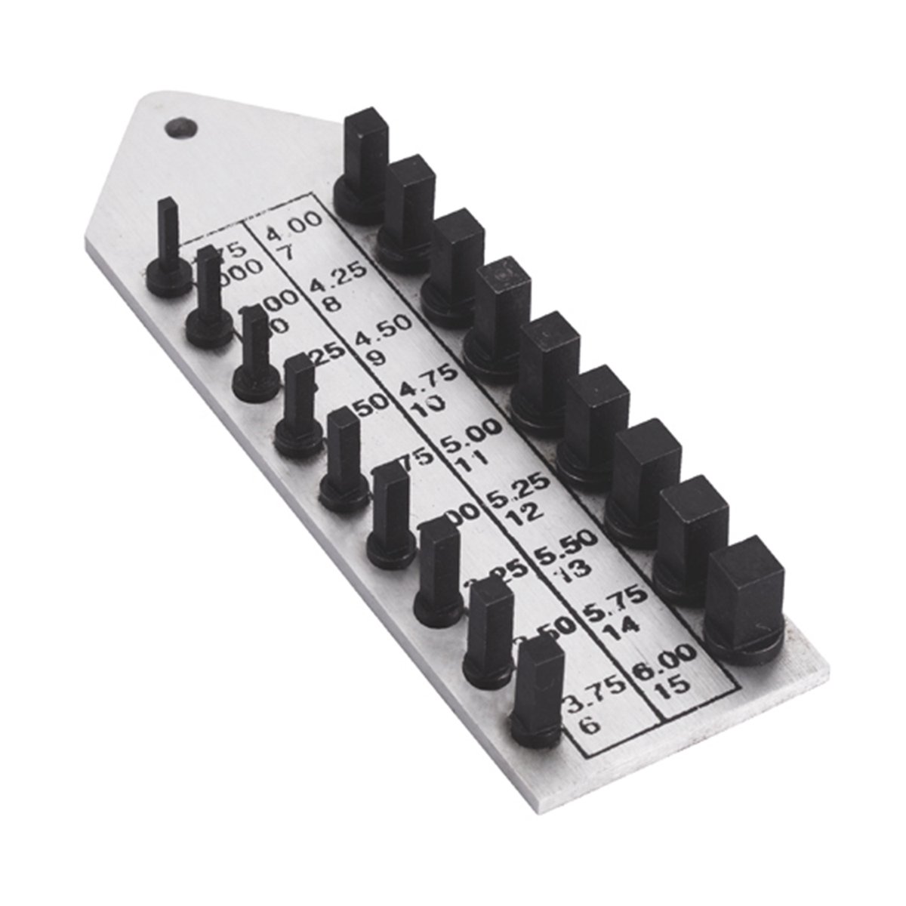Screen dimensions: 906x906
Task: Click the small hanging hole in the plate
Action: (179, 128)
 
